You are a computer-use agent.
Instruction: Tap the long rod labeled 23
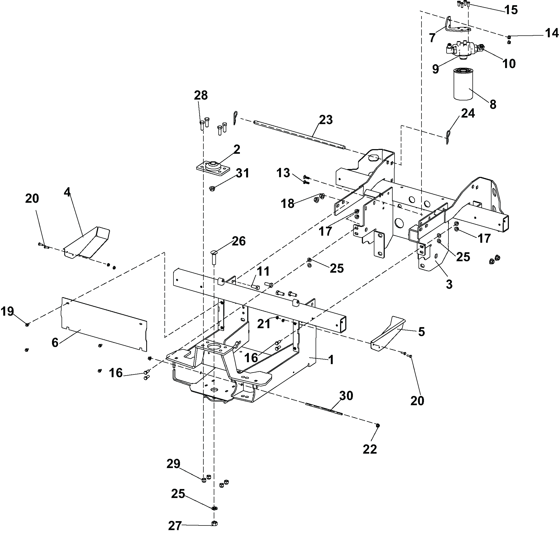point(299,135)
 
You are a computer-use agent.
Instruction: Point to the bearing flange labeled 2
point(213,168)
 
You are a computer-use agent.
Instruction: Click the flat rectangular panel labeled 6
point(104,324)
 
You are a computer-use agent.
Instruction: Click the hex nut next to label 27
point(215,523)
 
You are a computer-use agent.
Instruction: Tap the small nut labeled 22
point(378,425)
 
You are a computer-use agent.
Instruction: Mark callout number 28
point(201,95)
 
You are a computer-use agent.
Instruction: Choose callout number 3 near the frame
point(449,284)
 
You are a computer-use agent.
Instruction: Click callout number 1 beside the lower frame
point(331,360)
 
